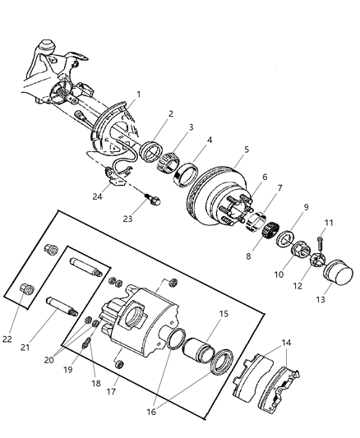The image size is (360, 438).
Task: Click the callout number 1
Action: coord(139,95)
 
